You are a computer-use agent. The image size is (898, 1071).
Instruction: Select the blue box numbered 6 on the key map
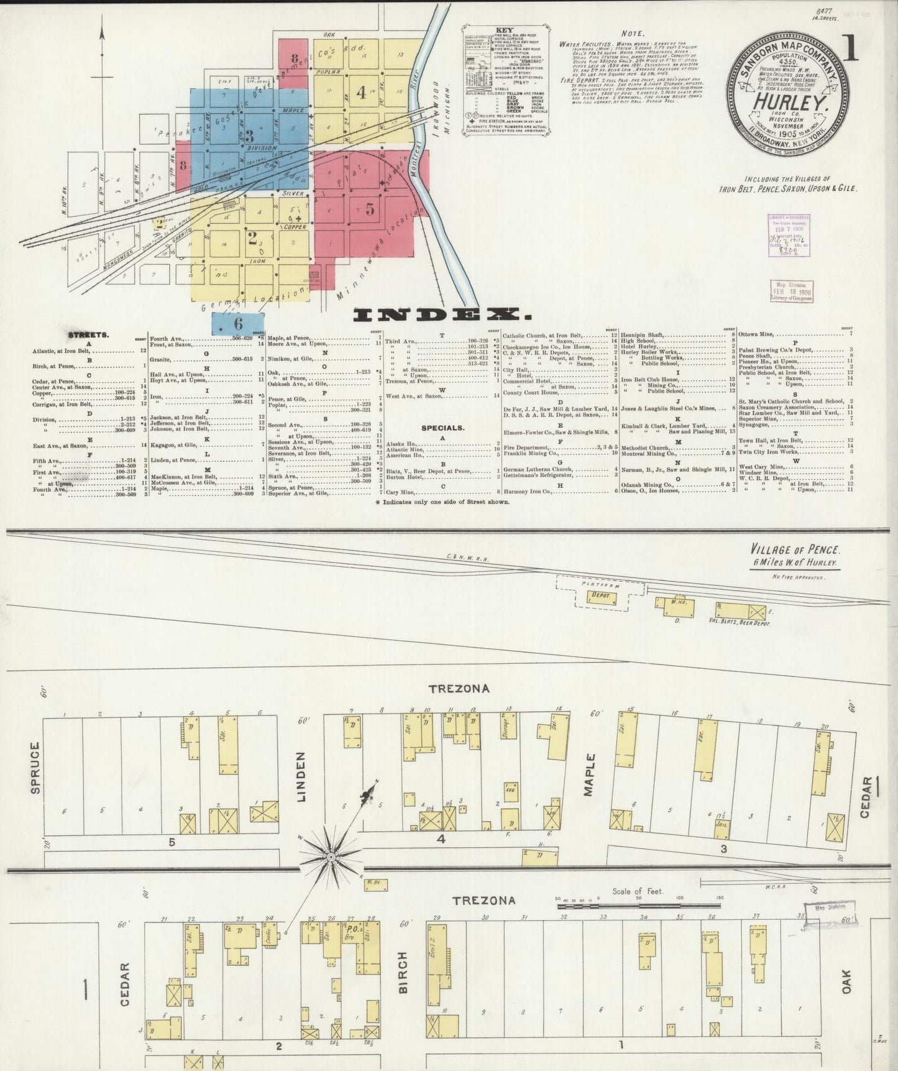[238, 323]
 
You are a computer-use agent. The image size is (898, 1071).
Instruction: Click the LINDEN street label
[302, 776]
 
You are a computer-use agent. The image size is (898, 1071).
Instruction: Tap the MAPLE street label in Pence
[589, 775]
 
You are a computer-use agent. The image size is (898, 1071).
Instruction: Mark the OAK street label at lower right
[846, 981]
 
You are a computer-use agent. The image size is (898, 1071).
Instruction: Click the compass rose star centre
[331, 858]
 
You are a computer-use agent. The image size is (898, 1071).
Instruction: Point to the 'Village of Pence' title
[795, 550]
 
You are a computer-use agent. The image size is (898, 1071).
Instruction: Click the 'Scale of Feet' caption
[638, 891]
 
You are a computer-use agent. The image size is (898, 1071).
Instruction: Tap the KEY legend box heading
[504, 30]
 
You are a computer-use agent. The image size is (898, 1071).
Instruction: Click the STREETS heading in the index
[88, 334]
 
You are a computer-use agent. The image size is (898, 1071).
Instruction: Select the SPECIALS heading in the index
[442, 428]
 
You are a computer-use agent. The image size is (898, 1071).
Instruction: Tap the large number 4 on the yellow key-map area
[361, 92]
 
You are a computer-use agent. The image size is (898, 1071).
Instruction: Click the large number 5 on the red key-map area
[370, 209]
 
